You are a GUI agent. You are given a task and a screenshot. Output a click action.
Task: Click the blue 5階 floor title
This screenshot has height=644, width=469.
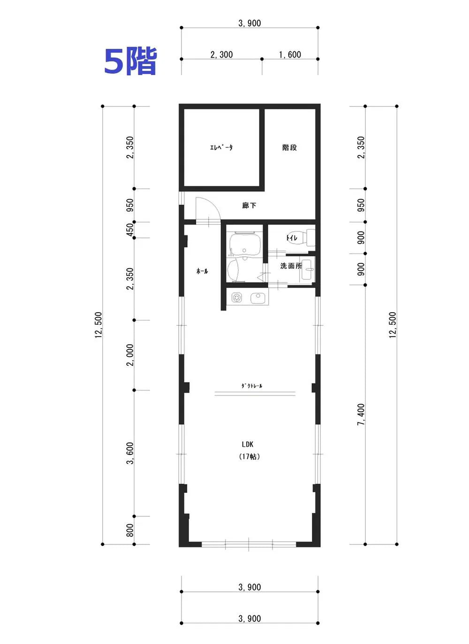(x=130, y=61)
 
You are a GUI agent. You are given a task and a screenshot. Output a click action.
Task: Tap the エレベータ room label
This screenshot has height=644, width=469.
(x=221, y=147)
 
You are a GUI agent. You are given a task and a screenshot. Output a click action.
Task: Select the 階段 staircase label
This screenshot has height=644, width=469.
(x=289, y=147)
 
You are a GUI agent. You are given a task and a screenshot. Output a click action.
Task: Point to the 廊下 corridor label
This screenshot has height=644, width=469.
(x=249, y=206)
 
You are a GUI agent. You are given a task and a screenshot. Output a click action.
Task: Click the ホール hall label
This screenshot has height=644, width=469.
(x=202, y=271)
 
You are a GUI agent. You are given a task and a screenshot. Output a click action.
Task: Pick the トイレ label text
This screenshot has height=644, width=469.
(x=292, y=238)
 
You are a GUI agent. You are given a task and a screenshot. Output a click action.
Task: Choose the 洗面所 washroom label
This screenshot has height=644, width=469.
(x=291, y=266)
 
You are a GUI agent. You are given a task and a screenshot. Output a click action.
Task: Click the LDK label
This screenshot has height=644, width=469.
(x=247, y=445)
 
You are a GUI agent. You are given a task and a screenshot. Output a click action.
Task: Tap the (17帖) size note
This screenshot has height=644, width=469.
(x=250, y=457)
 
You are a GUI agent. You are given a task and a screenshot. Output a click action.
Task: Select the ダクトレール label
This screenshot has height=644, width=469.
(x=251, y=386)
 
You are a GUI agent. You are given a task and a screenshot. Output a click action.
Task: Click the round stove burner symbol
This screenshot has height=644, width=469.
(x=237, y=297)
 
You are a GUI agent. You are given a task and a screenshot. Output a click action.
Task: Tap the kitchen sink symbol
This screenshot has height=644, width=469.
(x=259, y=298)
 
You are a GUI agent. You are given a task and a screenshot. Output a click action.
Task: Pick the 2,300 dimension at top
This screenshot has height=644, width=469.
(x=221, y=54)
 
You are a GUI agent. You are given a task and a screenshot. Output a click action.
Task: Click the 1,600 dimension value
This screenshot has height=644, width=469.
(x=290, y=54)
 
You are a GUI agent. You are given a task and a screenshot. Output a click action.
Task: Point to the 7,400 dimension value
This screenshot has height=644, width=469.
(x=361, y=414)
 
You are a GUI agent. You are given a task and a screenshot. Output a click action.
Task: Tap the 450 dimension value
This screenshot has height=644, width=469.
(x=129, y=230)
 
